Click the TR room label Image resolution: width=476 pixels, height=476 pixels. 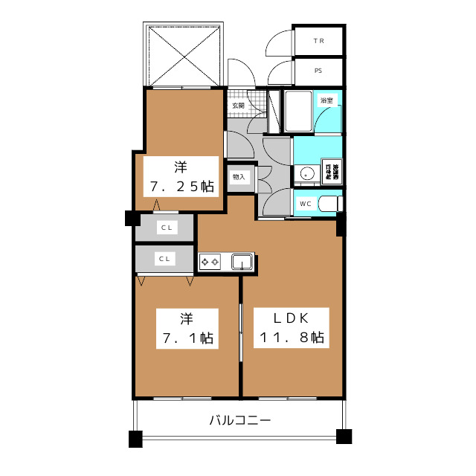[319, 41]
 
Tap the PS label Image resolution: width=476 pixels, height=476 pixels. [318, 71]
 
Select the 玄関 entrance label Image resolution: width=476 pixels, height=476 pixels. [238, 106]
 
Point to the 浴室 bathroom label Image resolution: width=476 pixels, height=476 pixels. [327, 100]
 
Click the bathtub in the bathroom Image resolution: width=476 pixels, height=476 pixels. [298, 111]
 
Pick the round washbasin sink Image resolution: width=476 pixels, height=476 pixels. [306, 174]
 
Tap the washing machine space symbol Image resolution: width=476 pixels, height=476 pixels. [332, 172]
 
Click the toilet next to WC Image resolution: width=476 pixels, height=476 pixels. [330, 203]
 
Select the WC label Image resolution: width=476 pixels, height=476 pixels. [306, 204]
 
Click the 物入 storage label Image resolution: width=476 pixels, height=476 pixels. [239, 177]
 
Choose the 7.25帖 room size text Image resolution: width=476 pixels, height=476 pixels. [182, 186]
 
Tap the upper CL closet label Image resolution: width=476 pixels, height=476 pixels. [167, 228]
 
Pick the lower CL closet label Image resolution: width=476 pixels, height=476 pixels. [164, 259]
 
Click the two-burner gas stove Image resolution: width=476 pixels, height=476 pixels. [210, 262]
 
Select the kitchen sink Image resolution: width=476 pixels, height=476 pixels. [242, 262]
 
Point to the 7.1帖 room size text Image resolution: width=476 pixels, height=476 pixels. [187, 338]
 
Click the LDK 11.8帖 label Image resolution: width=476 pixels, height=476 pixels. [292, 328]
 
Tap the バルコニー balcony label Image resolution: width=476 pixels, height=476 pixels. [240, 420]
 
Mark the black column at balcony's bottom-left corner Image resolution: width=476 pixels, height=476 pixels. [135, 439]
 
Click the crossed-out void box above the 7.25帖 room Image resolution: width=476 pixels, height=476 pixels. [183, 55]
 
